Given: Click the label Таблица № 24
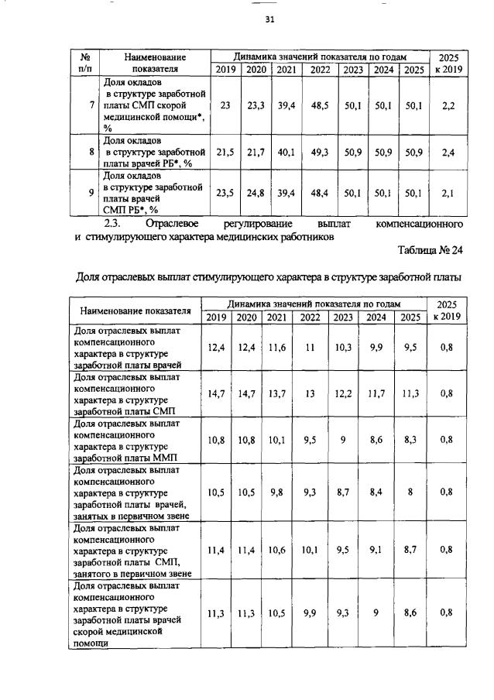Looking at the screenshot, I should (x=430, y=252).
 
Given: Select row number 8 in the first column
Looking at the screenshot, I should (x=91, y=153).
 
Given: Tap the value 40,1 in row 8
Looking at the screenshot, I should (x=286, y=153).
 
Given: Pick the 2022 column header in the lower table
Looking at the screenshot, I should (x=310, y=317).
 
